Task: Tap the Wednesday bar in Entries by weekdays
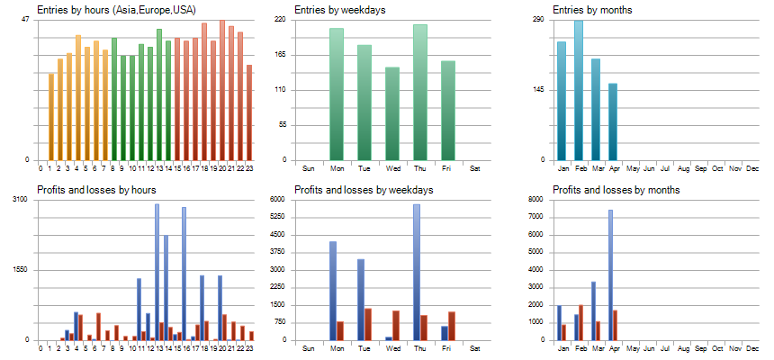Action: [x=392, y=113]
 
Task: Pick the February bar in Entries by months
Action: [x=578, y=90]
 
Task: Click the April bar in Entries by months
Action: [x=613, y=121]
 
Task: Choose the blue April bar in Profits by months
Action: [x=610, y=274]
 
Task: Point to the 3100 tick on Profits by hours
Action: [x=21, y=199]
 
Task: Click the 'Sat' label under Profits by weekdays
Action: [x=475, y=347]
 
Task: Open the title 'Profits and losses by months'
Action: [x=616, y=190]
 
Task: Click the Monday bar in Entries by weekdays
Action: [x=337, y=94]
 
